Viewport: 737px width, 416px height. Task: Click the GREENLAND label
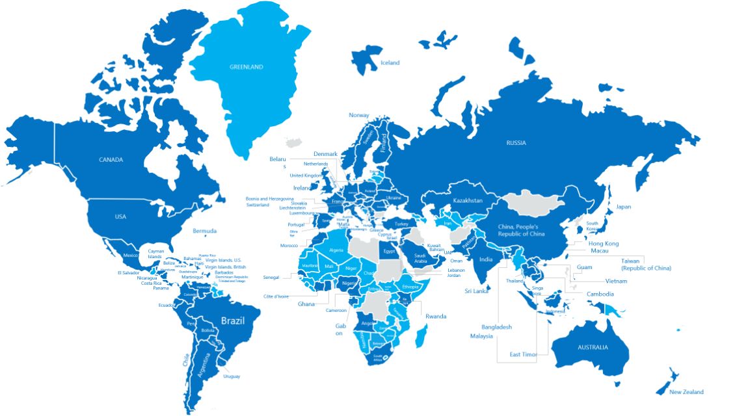coord(246,67)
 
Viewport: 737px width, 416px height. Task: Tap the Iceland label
coord(390,63)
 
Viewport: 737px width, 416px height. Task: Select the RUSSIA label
coord(516,143)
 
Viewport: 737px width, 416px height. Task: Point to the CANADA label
coord(111,160)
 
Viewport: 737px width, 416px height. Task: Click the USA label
coord(120,216)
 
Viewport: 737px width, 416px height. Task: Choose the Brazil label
coord(233,320)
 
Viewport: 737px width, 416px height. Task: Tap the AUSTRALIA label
coord(593,347)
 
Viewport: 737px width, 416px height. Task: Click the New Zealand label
coord(686,392)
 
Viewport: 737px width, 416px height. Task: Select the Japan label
coord(624,207)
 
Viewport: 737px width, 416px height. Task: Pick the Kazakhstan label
coord(468,200)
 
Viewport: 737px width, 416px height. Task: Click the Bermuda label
coord(205,231)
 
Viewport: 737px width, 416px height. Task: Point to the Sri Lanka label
coord(476,291)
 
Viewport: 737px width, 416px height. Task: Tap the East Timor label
coord(523,354)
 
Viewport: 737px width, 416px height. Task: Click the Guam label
coord(584,267)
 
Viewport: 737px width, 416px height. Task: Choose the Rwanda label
coord(436,317)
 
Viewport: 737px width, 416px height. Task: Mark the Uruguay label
coord(232,376)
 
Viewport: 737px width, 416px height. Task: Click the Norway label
coord(359,116)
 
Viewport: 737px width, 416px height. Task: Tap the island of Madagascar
coord(422,336)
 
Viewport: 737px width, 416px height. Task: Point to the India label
coord(486,259)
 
